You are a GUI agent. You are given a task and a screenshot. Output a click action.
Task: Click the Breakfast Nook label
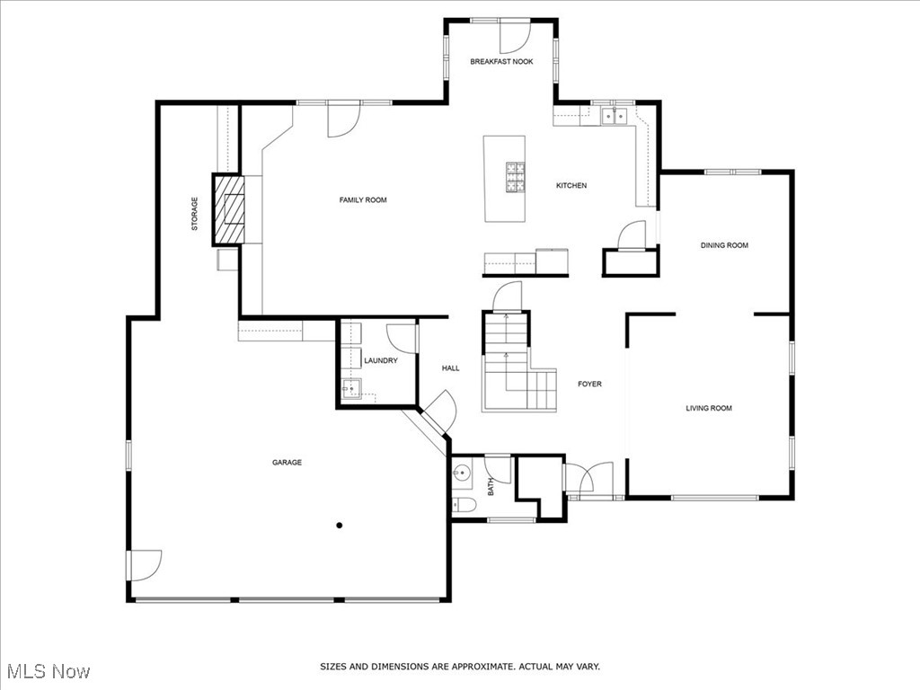pyautogui.click(x=501, y=62)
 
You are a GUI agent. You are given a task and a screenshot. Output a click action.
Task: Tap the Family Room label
pyautogui.click(x=363, y=199)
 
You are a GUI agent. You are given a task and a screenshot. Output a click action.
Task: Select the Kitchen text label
pyautogui.click(x=571, y=186)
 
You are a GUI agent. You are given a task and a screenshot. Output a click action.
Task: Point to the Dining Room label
pyautogui.click(x=724, y=245)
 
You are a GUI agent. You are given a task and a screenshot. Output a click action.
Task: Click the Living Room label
pyautogui.click(x=709, y=408)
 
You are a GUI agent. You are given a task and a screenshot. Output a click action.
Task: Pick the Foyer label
pyautogui.click(x=589, y=384)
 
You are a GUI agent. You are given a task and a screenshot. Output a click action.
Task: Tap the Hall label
pyautogui.click(x=450, y=367)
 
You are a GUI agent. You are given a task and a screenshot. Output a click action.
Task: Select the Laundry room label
pyautogui.click(x=380, y=360)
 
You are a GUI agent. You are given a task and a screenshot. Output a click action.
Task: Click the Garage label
pyautogui.click(x=287, y=463)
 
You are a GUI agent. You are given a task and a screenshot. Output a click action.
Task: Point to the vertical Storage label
pyautogui.click(x=194, y=214)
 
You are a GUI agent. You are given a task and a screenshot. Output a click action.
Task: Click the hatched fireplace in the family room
pyautogui.click(x=228, y=209)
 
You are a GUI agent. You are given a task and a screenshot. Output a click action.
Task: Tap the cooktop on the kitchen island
pyautogui.click(x=516, y=177)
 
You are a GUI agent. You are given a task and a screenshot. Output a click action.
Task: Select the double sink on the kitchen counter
pyautogui.click(x=615, y=116)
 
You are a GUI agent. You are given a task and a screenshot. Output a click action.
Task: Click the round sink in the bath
pyautogui.click(x=462, y=472)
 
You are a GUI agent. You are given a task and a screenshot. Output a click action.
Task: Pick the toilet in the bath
pyautogui.click(x=461, y=504)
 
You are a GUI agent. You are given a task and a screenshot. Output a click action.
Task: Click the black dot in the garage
pyautogui.click(x=340, y=526)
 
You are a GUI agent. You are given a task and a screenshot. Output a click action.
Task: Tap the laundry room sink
pyautogui.click(x=352, y=389)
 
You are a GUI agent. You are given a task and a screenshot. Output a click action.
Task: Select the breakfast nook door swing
pyautogui.click(x=516, y=35)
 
